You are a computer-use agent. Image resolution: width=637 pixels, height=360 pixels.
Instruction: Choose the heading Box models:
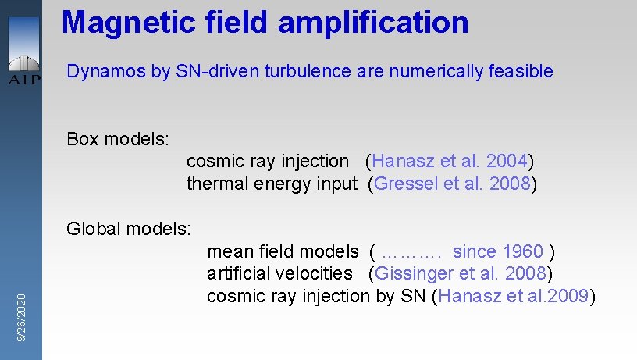pos(118,139)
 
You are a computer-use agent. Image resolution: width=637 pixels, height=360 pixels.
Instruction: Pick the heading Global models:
pos(129,229)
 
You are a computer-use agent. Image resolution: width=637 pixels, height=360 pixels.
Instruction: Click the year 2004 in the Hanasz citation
pos(507,162)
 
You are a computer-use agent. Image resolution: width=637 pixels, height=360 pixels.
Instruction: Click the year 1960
pos(523,251)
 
